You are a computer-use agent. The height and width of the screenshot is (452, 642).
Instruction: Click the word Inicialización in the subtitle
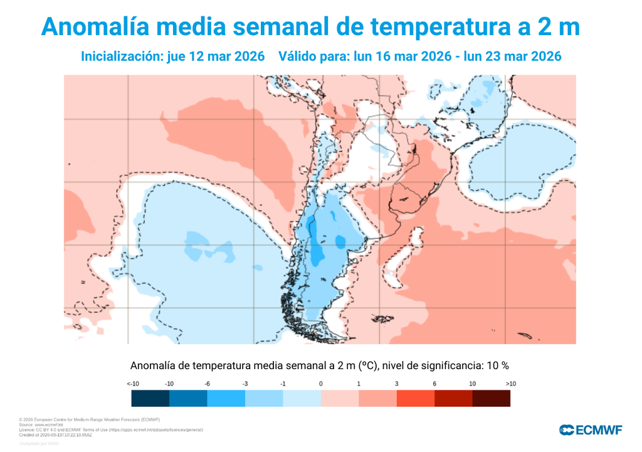tap(122, 56)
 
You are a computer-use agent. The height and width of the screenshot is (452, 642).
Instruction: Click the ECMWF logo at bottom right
tap(591, 430)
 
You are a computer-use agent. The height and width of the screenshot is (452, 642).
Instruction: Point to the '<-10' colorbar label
tap(132, 384)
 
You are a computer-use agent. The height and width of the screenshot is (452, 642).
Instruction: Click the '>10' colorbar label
tap(510, 384)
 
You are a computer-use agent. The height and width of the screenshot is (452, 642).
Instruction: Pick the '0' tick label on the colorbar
tap(320, 384)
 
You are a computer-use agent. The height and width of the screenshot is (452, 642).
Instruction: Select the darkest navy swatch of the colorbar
tap(150, 399)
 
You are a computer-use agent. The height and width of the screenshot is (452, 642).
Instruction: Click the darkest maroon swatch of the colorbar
tap(491, 399)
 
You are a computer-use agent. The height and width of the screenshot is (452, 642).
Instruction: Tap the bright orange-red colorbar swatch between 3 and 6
tap(415, 399)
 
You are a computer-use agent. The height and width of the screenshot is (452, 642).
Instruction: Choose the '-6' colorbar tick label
tap(207, 384)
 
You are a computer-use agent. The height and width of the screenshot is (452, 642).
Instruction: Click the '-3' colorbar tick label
tap(245, 384)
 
